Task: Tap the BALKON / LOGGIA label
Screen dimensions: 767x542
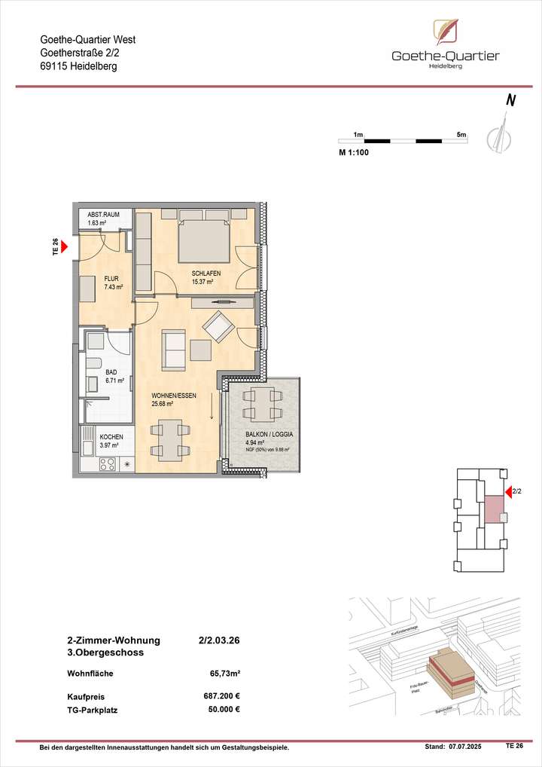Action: (x=269, y=435)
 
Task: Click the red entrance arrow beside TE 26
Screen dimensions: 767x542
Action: (x=65, y=246)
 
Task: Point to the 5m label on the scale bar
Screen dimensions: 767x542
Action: (x=461, y=134)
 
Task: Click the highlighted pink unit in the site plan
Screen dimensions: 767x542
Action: (x=494, y=509)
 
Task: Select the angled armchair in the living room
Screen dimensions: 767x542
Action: (x=219, y=326)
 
